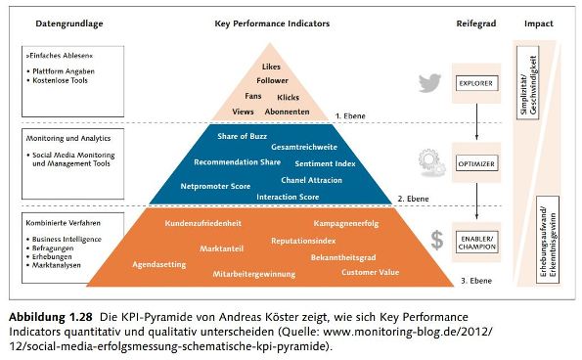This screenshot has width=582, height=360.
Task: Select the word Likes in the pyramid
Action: point(272,66)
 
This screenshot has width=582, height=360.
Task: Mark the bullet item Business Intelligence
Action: point(65,238)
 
